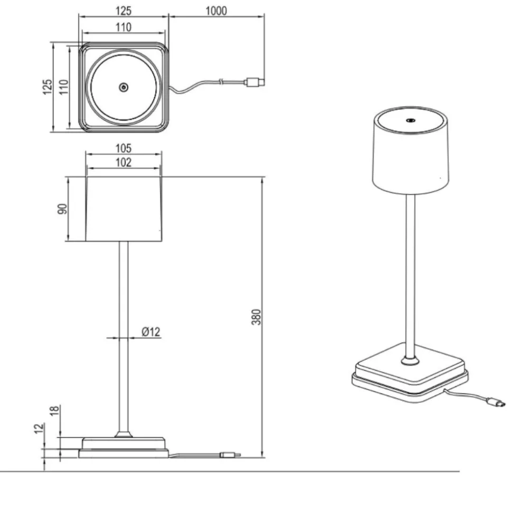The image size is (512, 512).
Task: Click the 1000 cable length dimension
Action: (216, 11)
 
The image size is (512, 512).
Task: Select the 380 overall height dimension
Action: (257, 317)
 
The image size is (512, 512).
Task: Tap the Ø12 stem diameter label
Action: (151, 332)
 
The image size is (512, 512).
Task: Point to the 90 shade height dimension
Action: (62, 209)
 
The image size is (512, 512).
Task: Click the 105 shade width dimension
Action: (124, 148)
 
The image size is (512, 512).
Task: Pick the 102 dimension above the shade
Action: (124, 162)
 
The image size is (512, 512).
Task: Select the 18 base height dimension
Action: (54, 410)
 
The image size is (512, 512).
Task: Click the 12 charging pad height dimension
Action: (39, 428)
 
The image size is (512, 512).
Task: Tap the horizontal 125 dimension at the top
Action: (124, 11)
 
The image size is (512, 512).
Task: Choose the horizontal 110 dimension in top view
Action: (124, 27)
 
